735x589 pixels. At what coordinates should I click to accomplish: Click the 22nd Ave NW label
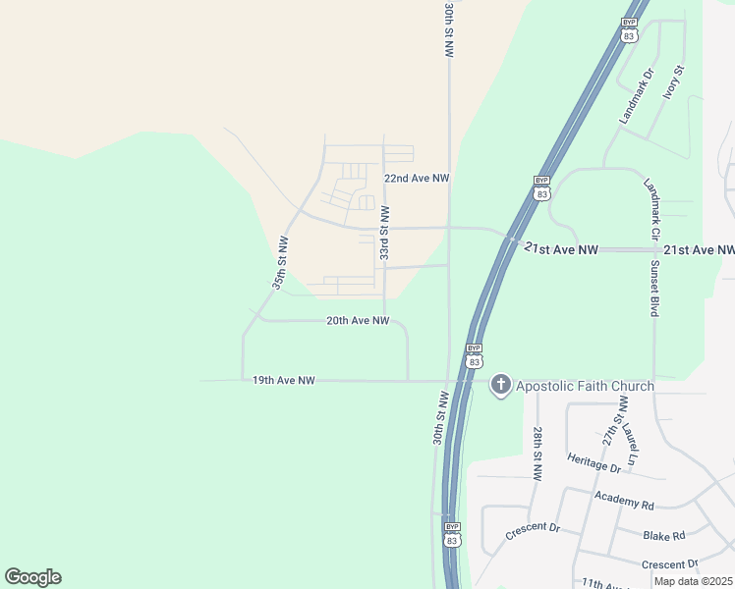416,179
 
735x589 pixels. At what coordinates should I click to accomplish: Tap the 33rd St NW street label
385,234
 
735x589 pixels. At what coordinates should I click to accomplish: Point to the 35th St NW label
281,262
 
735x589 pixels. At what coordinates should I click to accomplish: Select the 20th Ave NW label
358,321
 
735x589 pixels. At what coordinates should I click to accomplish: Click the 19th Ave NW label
283,380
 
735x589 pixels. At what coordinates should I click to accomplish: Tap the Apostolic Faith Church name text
585,386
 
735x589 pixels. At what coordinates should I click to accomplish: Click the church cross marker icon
500,385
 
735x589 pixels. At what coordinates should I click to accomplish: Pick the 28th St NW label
537,454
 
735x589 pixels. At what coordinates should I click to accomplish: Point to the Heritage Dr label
594,459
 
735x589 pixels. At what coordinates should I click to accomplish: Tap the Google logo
32,577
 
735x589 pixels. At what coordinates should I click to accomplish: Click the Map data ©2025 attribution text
693,581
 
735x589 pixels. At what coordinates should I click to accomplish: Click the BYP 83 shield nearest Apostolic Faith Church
474,355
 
